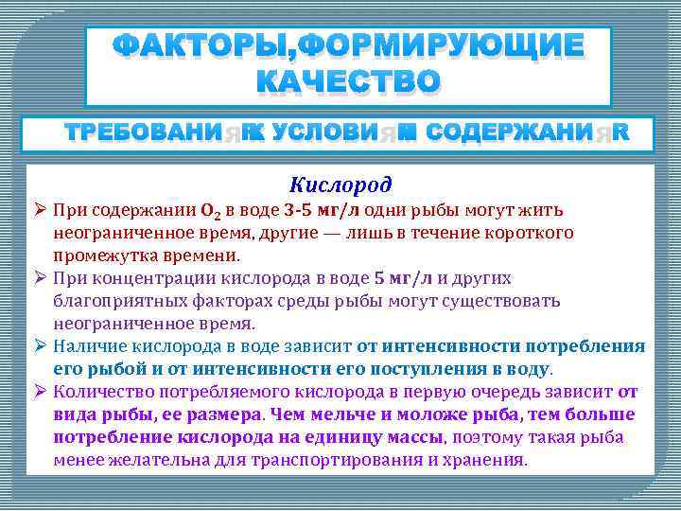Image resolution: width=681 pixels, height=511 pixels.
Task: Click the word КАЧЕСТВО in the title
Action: [x=348, y=82]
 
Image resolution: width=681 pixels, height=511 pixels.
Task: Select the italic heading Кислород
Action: [x=340, y=185]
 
